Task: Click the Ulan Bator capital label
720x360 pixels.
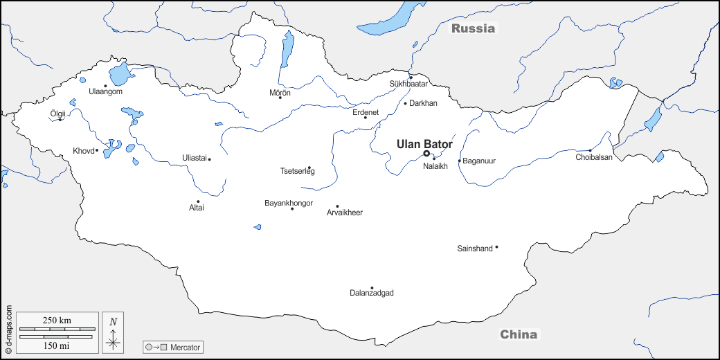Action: pos(424,144)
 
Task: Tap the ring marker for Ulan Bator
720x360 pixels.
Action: pos(426,154)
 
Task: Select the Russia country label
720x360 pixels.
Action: pos(474,28)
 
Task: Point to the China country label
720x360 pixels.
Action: pos(519,334)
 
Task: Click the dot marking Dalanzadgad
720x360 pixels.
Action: pos(372,288)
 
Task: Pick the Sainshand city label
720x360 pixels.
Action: pos(475,248)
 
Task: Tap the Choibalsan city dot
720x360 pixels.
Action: pos(590,150)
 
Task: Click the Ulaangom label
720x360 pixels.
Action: pos(106,92)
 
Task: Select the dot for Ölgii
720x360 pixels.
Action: pos(60,120)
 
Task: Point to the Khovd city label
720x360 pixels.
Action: pos(83,151)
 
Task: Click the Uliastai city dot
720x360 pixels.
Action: pos(209,159)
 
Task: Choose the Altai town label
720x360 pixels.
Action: pos(197,208)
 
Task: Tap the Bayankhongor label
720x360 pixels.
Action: pos(289,203)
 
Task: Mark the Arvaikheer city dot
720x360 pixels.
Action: pos(337,206)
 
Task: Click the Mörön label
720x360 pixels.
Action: pos(280,92)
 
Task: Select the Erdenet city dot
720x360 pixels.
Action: pos(366,117)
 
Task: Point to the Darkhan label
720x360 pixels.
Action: pos(424,103)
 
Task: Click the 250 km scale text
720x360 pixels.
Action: pos(57,320)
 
